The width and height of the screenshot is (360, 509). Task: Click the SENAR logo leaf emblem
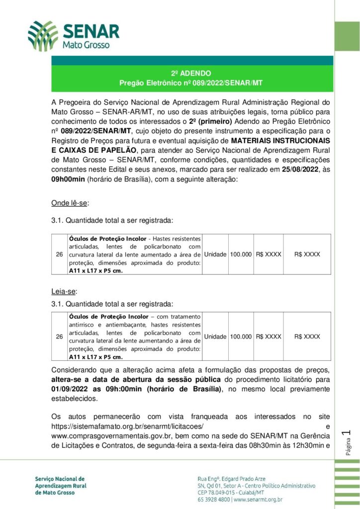pos(43,36)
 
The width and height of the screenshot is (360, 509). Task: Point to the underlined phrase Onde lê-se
pos(70,203)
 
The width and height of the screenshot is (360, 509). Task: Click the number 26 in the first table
pos(59,254)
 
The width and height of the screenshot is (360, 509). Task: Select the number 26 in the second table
pos(59,337)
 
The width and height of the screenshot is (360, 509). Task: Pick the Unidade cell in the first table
pos(215,254)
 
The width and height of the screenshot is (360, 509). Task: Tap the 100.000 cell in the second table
pos(241,337)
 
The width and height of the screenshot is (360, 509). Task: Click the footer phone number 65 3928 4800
pos(213,499)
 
